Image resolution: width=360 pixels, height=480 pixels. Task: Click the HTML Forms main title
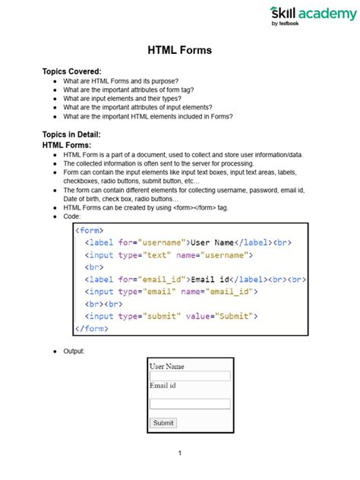179,51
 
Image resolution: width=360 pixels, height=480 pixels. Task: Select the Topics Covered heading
71,71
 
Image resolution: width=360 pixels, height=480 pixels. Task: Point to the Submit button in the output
163,422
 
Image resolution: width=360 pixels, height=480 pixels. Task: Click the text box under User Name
190,376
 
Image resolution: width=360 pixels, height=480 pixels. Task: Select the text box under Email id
190,404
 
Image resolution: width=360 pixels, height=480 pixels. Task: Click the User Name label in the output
167,366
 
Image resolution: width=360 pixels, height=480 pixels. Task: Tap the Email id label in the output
163,386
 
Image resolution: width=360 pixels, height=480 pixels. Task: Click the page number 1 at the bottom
180,453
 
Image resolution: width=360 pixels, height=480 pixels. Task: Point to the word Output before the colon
74,352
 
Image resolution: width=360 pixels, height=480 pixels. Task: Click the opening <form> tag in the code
90,229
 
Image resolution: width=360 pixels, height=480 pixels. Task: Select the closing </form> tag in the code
92,329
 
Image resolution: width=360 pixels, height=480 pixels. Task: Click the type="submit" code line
172,316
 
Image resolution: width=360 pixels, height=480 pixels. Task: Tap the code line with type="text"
168,255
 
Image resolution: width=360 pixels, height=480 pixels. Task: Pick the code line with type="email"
172,292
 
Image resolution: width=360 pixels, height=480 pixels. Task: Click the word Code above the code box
72,216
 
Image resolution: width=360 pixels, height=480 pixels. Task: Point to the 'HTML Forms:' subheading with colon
67,145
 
